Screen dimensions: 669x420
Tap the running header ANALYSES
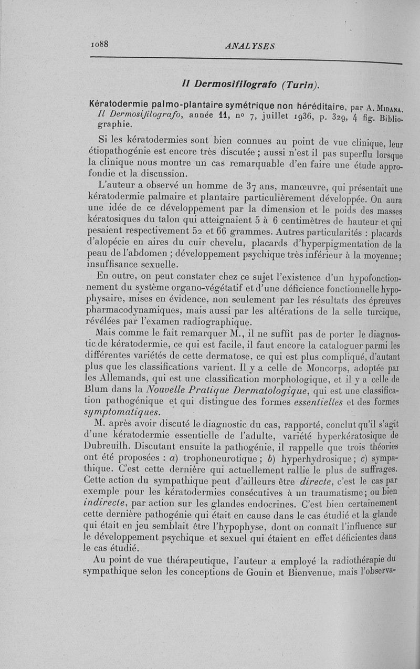pos(249,46)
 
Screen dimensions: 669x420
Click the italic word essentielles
pos(315,402)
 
